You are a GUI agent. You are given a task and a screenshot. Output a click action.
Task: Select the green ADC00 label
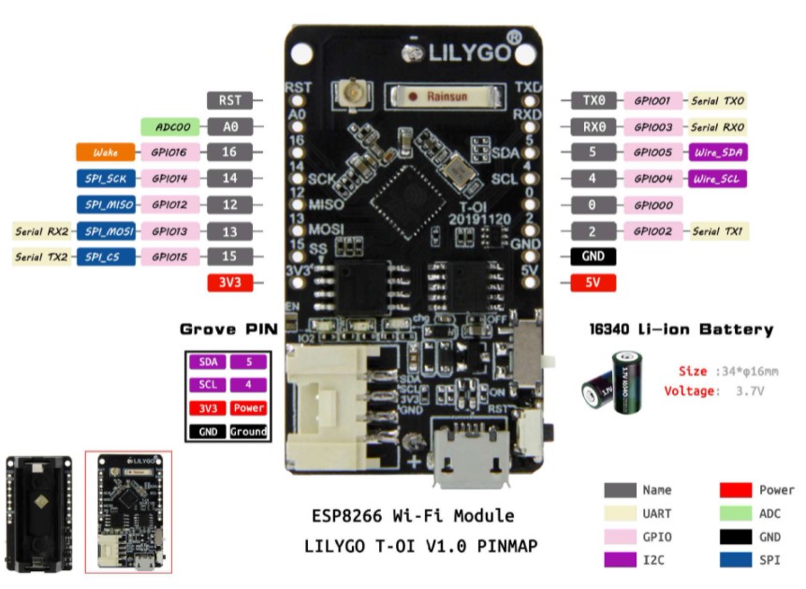click(x=170, y=125)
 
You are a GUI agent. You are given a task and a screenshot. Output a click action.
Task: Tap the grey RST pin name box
click(x=229, y=100)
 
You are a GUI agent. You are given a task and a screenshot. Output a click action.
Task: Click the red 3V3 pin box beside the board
click(x=229, y=282)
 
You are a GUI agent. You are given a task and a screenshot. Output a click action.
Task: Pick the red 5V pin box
click(x=593, y=282)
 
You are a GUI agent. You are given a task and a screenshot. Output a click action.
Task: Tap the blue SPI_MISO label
click(x=105, y=204)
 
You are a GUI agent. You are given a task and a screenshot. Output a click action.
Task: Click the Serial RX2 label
click(x=42, y=230)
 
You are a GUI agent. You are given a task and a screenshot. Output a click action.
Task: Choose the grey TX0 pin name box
click(x=593, y=100)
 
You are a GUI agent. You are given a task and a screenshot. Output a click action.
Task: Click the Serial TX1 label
click(x=718, y=230)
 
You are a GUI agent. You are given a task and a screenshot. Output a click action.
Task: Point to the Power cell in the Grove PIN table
click(x=248, y=408)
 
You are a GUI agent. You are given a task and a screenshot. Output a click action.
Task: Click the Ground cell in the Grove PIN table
click(x=248, y=432)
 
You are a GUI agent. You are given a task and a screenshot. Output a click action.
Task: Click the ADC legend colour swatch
click(x=735, y=513)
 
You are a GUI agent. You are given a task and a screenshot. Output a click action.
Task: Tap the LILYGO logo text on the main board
click(x=465, y=53)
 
